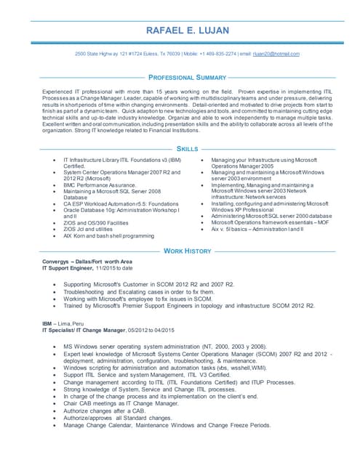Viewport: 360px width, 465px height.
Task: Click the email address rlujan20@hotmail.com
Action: pos(271,54)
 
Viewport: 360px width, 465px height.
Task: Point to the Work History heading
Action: pos(187,250)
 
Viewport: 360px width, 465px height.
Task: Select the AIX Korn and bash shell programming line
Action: pos(109,235)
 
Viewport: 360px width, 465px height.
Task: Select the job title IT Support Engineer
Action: pos(72,268)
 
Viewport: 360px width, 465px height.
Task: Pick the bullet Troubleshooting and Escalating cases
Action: pos(149,291)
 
